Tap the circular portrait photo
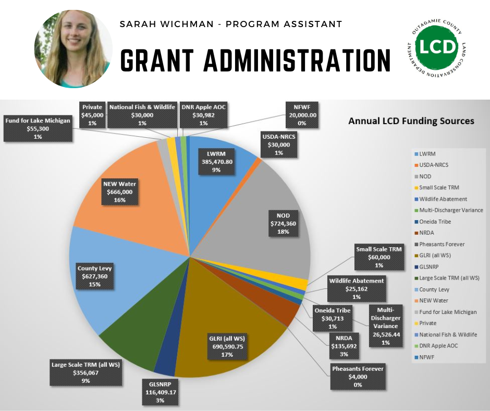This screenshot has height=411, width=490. [73, 49]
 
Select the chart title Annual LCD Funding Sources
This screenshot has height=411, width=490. [411, 121]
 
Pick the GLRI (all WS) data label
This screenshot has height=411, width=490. [226, 346]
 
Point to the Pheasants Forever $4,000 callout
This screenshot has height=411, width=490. [358, 376]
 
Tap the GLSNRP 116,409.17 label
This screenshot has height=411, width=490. [160, 392]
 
